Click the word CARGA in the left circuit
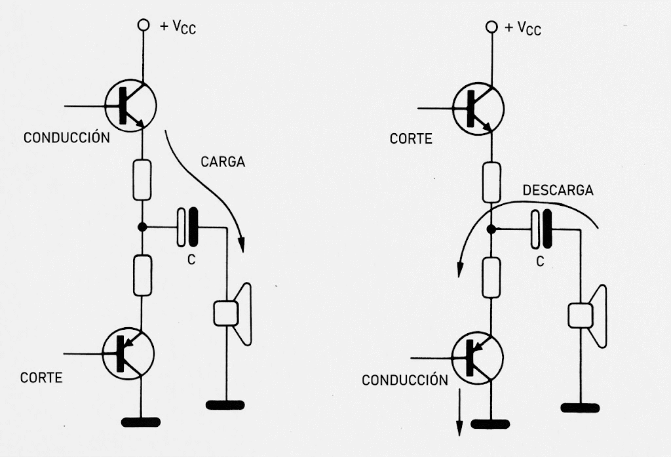(x=223, y=161)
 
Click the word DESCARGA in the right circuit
(x=558, y=191)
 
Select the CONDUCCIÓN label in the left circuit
(x=66, y=138)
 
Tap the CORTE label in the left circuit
(x=41, y=378)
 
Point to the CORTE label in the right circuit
(x=411, y=139)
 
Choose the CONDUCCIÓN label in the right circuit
(x=405, y=380)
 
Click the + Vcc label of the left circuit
(x=178, y=28)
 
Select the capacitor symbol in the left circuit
(x=188, y=227)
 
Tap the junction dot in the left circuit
(x=142, y=227)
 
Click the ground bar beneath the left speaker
(x=225, y=405)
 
